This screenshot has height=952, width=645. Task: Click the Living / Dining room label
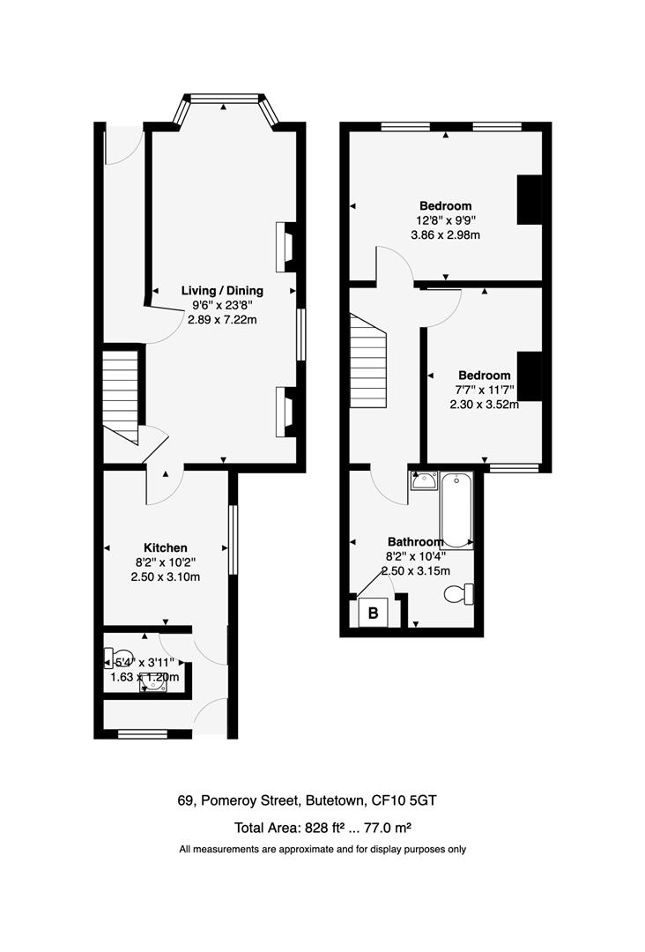[x=222, y=290]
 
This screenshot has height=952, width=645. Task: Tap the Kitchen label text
[x=166, y=547]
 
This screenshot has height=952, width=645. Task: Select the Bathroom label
[x=415, y=541]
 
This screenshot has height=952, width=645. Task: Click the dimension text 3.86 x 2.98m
[x=445, y=235]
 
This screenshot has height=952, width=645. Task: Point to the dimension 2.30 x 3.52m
[x=483, y=405]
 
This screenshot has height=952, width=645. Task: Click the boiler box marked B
[x=372, y=614]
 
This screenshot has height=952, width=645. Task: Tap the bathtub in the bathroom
[x=456, y=509]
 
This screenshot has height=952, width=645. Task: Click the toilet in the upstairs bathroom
[x=459, y=595]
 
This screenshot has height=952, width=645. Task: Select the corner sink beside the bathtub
[x=424, y=481]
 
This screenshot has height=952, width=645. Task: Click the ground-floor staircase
[x=122, y=397]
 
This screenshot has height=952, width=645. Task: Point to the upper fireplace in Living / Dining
[x=286, y=247]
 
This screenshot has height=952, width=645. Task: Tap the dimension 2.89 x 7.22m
[x=222, y=320]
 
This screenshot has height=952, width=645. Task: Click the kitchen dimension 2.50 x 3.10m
[x=166, y=577]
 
